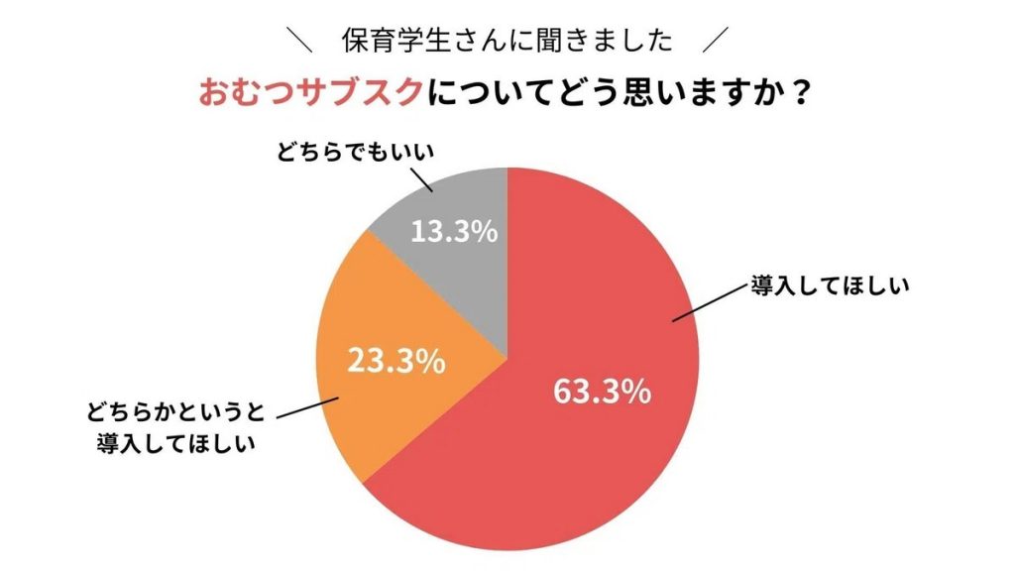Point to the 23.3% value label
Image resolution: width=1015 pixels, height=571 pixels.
pos(395,361)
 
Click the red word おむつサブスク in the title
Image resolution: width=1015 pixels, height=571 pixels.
pos(310,95)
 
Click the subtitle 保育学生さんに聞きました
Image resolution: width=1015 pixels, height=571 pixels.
pos(507,41)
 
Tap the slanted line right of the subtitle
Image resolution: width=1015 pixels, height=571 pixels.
pos(714,41)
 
